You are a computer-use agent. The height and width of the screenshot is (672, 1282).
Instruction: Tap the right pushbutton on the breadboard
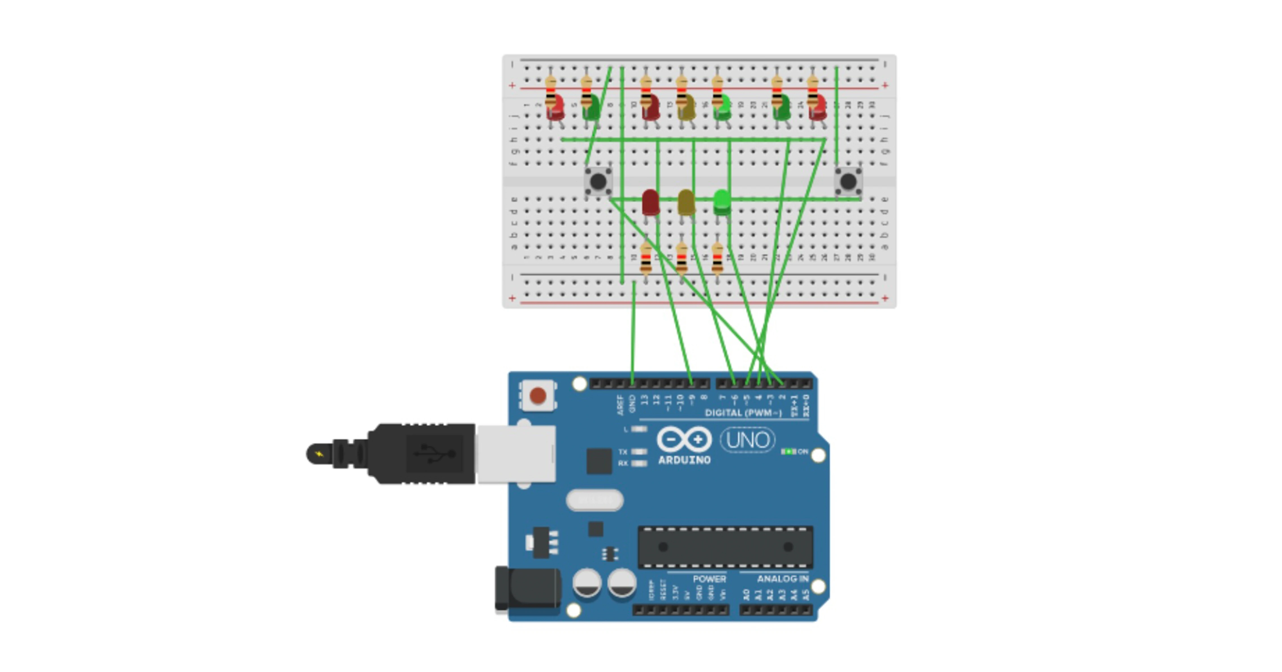[848, 181]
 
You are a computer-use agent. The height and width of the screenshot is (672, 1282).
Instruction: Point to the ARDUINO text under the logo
[684, 460]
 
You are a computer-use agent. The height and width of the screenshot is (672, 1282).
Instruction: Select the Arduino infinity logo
[684, 440]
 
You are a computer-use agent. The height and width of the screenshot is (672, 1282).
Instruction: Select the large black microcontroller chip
[725, 547]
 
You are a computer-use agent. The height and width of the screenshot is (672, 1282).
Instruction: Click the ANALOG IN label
[782, 579]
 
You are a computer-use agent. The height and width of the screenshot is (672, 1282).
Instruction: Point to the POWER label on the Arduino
[709, 579]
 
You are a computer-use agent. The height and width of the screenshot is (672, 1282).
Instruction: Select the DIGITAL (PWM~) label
[743, 413]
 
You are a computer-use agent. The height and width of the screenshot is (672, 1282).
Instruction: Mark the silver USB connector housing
[516, 454]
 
